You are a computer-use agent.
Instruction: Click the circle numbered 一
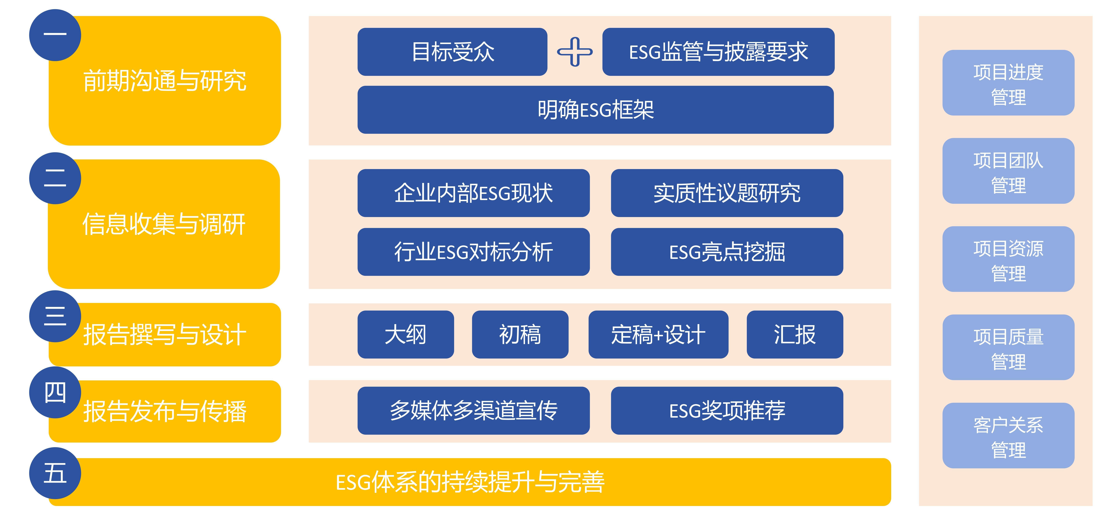(x=55, y=35)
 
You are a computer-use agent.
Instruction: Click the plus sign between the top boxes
(x=575, y=52)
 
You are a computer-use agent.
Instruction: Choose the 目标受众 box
(x=452, y=52)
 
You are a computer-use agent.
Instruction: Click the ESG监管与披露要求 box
(x=718, y=52)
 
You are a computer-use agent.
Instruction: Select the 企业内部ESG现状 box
(x=474, y=193)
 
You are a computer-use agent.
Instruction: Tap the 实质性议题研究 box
(x=727, y=193)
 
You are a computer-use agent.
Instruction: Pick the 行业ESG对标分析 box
(x=474, y=252)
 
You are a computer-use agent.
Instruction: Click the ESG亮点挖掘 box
(x=727, y=252)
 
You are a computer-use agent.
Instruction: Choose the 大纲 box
(x=406, y=334)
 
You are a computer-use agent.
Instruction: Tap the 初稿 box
(x=520, y=334)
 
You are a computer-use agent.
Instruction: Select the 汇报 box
(x=795, y=334)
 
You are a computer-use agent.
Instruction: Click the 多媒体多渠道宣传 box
(x=474, y=410)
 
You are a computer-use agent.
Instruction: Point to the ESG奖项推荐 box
(x=727, y=410)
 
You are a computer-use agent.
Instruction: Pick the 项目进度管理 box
(x=1008, y=83)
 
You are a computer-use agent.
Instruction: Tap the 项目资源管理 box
(x=1008, y=259)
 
